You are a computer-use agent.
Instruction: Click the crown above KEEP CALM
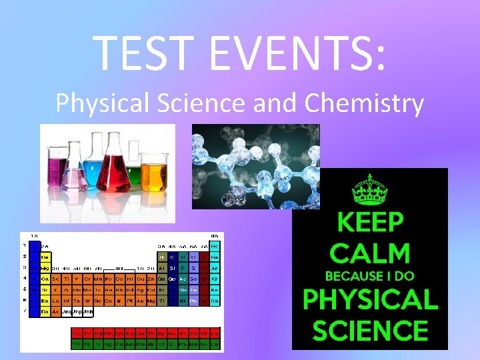point(370,189)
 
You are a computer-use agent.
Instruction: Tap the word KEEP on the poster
point(370,222)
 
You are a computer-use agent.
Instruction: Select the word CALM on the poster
point(370,253)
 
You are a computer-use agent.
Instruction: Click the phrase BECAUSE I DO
point(370,276)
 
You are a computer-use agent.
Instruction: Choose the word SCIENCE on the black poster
point(370,331)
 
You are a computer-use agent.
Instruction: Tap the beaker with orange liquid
point(155,172)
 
